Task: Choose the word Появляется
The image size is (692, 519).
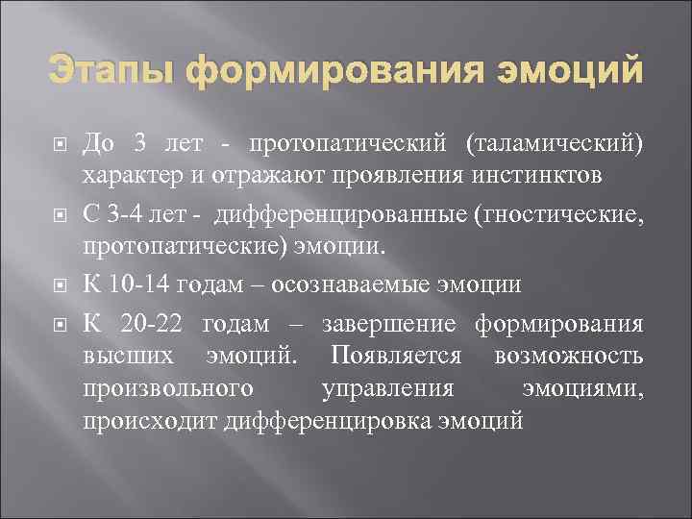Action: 394,355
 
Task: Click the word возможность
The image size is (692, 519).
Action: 568,355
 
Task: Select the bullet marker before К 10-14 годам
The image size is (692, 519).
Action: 59,286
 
